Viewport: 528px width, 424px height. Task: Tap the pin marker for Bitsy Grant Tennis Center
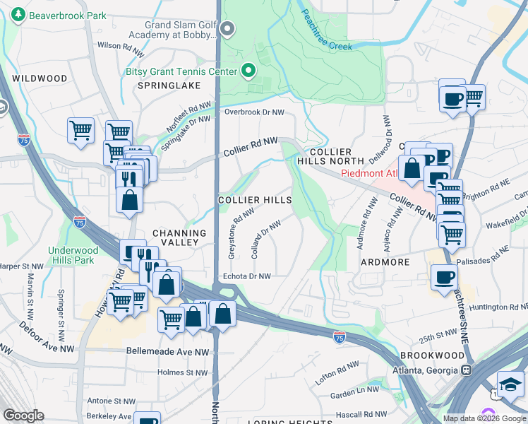(x=248, y=70)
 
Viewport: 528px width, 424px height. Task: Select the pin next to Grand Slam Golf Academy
(x=227, y=29)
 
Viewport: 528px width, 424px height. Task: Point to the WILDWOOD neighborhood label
(x=40, y=78)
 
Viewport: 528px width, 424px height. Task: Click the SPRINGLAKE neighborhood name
(x=169, y=86)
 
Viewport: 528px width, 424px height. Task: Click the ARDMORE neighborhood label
(x=385, y=262)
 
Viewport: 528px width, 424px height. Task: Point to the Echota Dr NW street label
(x=246, y=276)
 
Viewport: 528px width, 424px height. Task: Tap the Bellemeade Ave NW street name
(x=168, y=351)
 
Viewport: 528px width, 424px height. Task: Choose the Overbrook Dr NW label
(x=254, y=112)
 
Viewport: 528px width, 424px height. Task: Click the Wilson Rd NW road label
(x=120, y=45)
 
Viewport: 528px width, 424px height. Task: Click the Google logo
(x=23, y=416)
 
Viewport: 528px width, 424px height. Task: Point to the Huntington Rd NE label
(x=497, y=307)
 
